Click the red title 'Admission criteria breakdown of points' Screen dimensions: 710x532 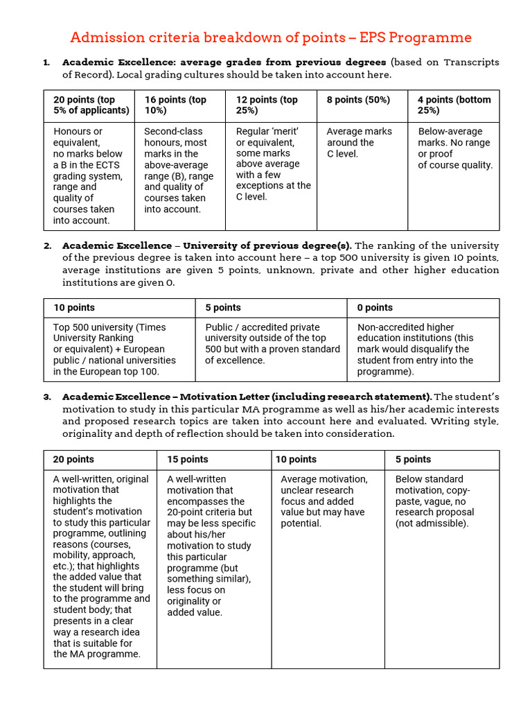click(x=271, y=37)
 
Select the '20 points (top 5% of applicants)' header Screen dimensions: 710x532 click(x=91, y=105)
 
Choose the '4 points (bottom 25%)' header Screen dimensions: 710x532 click(x=454, y=105)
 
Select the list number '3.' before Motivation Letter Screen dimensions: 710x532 click(x=47, y=397)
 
